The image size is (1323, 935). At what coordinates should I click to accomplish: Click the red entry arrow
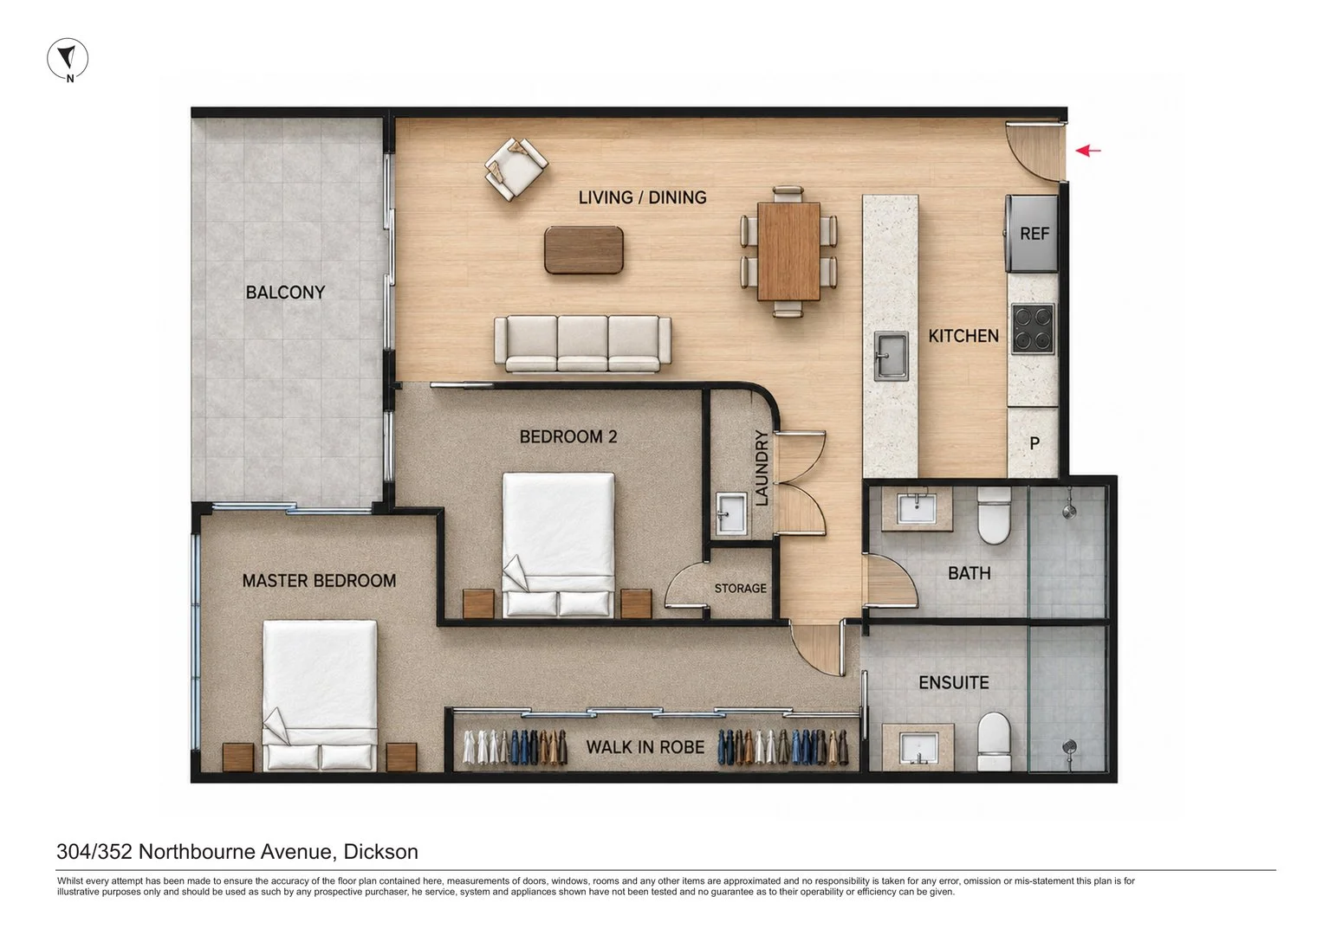point(1088,151)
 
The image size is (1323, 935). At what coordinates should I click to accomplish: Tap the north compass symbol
point(68,60)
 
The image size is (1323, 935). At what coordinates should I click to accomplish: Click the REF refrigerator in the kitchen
point(1032,234)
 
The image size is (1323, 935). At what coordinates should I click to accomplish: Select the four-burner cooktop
point(1033,329)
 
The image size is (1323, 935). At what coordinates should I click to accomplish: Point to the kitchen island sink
point(891,356)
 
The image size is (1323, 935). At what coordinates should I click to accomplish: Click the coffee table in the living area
point(584,250)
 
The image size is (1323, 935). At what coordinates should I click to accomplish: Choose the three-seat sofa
point(582,345)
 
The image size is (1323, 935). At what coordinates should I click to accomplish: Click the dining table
point(788,251)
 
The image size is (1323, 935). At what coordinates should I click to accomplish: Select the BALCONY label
point(285,293)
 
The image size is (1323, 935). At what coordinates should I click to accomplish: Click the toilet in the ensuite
point(994,741)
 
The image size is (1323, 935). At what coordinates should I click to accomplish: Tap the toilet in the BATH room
point(994,515)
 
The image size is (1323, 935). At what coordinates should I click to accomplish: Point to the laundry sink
point(731,513)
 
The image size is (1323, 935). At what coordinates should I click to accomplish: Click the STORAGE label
point(740,589)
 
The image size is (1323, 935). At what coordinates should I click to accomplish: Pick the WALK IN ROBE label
point(645,747)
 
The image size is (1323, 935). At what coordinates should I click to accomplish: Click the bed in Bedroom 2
point(558,545)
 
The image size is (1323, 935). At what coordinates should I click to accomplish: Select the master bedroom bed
point(320,694)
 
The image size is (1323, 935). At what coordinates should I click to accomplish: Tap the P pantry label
point(1034,443)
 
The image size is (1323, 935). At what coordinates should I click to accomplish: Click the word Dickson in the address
point(381,852)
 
